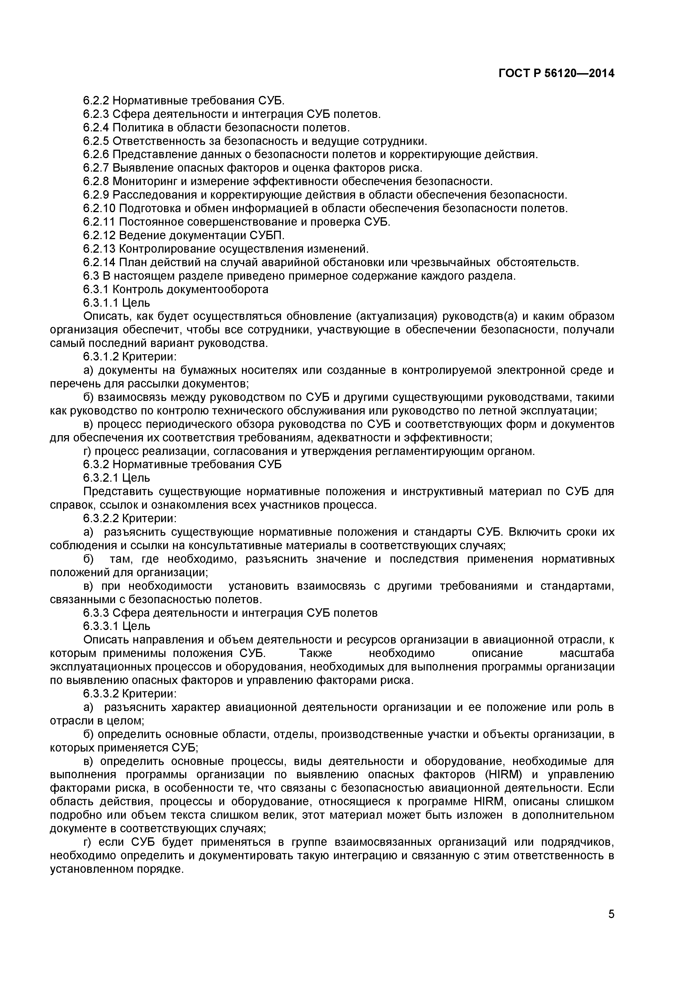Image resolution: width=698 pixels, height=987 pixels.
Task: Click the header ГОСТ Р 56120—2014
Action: pos(556,73)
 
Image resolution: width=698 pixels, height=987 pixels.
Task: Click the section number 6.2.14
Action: pos(99,262)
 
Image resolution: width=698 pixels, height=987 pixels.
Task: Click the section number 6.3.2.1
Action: pos(101,477)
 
